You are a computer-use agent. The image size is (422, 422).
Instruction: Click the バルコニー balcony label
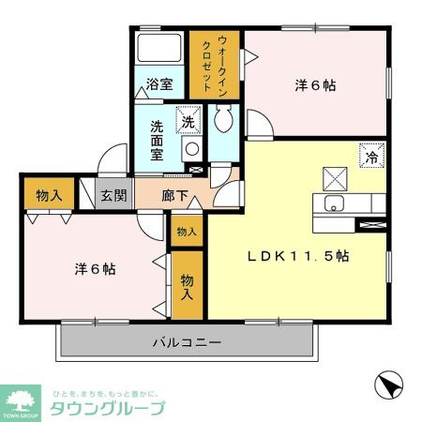(x=188, y=343)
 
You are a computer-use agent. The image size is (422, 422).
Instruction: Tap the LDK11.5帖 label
(x=298, y=255)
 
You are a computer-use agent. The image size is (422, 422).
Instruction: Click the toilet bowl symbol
(x=223, y=118)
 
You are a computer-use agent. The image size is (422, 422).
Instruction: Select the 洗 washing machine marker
(x=188, y=121)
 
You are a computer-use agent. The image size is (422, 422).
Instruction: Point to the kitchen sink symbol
(x=334, y=203)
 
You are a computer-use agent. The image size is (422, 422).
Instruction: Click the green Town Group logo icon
(x=21, y=398)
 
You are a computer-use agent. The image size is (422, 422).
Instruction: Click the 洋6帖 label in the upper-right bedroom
(x=315, y=85)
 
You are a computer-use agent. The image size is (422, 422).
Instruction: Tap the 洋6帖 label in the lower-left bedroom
(x=94, y=269)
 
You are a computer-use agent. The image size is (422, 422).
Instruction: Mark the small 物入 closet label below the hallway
(x=186, y=232)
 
